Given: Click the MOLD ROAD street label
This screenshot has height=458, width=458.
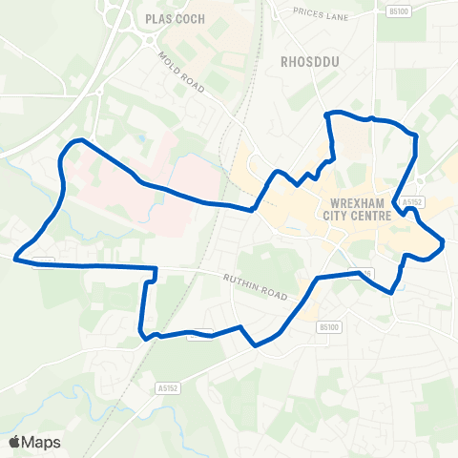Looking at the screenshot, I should point(181,73).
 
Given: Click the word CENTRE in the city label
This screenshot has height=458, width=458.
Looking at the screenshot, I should point(373,217).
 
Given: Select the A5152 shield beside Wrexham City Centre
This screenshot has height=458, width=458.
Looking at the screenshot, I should point(412,202).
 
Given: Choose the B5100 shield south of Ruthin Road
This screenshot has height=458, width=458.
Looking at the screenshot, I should point(328,327).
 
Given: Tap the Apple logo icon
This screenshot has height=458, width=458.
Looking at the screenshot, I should point(15,442).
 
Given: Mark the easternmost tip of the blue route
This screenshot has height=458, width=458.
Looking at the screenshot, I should point(444,244).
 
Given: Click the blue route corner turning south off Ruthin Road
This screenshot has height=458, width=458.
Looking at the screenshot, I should point(155,269).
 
